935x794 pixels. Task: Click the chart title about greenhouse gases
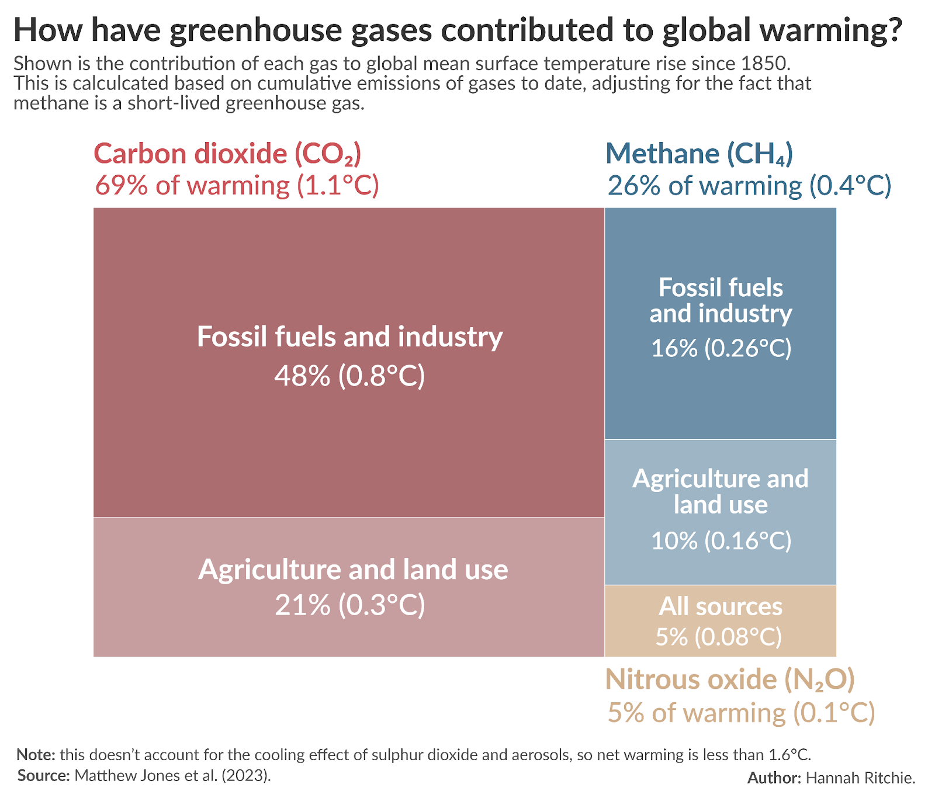[x=458, y=30]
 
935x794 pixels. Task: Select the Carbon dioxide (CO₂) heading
[x=227, y=154]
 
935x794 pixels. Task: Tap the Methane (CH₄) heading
[x=699, y=154]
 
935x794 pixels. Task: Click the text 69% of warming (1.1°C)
[x=237, y=186]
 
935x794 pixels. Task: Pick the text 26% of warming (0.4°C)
[x=749, y=186]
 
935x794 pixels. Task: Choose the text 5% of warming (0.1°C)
[x=741, y=713]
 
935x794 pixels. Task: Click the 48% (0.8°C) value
[x=349, y=376]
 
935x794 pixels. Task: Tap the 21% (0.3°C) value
[x=349, y=605]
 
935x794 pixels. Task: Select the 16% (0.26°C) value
[x=721, y=348]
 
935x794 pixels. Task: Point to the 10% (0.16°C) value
[x=721, y=540]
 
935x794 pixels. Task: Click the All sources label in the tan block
[x=720, y=606]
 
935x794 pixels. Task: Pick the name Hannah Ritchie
[x=860, y=778]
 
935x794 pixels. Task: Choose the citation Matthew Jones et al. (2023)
[x=173, y=775]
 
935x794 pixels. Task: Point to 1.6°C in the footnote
[x=789, y=754]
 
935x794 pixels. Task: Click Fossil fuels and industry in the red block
[x=349, y=337]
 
